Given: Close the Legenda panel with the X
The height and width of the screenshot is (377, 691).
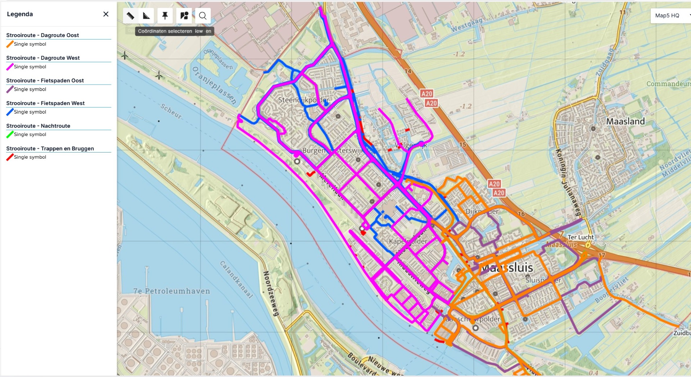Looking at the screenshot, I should tap(106, 14).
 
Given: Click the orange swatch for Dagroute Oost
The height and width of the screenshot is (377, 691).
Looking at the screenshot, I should tap(10, 44).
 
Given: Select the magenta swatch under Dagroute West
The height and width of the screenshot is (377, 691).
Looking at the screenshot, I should tap(10, 67).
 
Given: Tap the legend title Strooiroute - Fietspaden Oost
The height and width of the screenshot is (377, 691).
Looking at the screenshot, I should tap(45, 81).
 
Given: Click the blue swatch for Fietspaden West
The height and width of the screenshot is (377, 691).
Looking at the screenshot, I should tap(10, 112).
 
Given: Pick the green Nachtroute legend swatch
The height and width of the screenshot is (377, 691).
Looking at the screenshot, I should tap(10, 135).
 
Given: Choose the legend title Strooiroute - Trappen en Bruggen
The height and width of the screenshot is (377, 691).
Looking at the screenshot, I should tap(50, 149).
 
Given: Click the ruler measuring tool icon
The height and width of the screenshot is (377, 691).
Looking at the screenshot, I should tap(130, 16).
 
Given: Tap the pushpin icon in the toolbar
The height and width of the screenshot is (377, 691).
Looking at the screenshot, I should tap(165, 16).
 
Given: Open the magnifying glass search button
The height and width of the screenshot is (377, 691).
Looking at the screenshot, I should tap(203, 16).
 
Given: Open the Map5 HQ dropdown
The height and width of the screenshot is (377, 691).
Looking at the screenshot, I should tap(670, 15).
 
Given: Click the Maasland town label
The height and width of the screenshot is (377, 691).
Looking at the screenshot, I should tap(625, 122).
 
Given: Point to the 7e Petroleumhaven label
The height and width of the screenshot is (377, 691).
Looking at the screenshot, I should tap(172, 291).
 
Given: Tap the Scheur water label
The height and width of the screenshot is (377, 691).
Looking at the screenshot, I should tap(171, 111).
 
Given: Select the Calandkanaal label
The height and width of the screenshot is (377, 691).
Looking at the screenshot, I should tap(236, 280).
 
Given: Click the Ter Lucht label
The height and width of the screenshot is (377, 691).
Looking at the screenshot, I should tap(581, 237).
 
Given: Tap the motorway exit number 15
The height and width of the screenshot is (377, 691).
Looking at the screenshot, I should tap(462, 145).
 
